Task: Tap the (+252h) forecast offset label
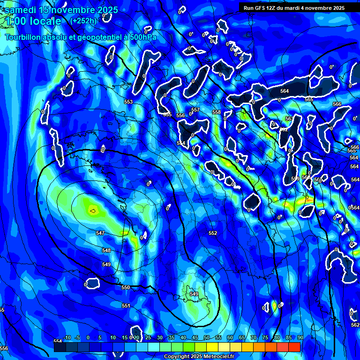pos(83,21)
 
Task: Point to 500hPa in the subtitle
pos(140,37)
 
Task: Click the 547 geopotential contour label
pos(100,233)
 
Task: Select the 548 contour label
pos(106,251)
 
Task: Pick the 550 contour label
pos(126,287)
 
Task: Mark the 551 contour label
pos(126,306)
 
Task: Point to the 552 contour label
pos(213,233)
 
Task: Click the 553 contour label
pos(128,102)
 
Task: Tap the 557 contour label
pos(195,110)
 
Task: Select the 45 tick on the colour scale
pos(195,338)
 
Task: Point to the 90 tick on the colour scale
pos(300,338)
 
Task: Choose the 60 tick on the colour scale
pos(230,338)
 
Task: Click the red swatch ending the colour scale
pos(294,347)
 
